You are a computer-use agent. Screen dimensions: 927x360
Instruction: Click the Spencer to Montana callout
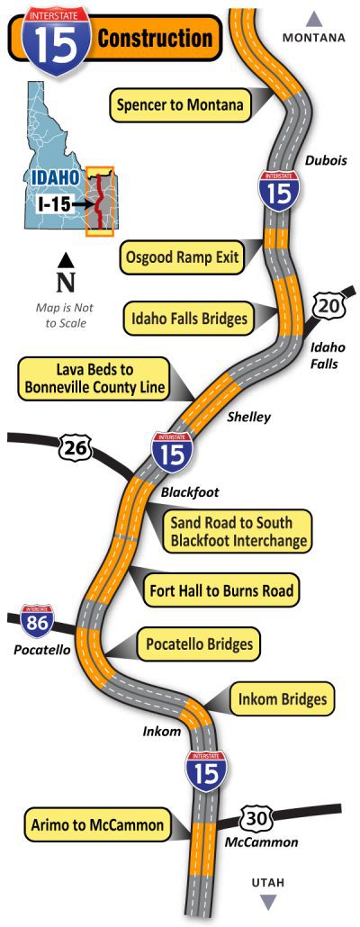pyautogui.click(x=179, y=105)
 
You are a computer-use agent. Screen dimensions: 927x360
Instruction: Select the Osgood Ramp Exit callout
pyautogui.click(x=182, y=259)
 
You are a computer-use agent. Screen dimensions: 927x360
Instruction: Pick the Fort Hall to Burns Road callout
pyautogui.click(x=221, y=591)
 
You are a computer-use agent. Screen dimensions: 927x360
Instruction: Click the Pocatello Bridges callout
pyautogui.click(x=198, y=644)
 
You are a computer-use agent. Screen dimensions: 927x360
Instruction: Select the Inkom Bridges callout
pyautogui.click(x=283, y=698)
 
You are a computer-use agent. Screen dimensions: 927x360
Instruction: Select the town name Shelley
pyautogui.click(x=248, y=417)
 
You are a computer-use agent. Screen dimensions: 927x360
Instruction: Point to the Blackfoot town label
pyautogui.click(x=190, y=492)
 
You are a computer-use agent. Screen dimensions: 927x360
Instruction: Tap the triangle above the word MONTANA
pyautogui.click(x=314, y=17)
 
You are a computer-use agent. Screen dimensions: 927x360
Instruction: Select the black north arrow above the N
pyautogui.click(x=66, y=260)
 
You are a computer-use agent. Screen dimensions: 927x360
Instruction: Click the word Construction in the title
pyautogui.click(x=155, y=39)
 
